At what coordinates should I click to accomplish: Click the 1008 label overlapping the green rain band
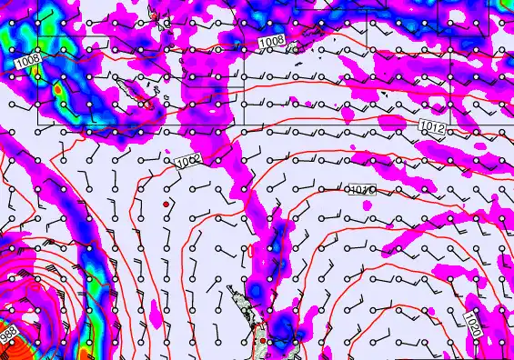click(x=28, y=60)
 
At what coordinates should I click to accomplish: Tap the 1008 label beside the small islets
click(x=271, y=42)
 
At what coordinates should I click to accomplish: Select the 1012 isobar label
click(x=433, y=129)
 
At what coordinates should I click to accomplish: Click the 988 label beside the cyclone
click(x=8, y=335)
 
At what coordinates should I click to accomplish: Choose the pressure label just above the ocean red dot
click(x=188, y=161)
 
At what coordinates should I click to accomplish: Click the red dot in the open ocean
click(x=166, y=205)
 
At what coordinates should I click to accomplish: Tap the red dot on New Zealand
click(x=263, y=341)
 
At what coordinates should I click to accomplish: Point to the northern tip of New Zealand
click(x=231, y=290)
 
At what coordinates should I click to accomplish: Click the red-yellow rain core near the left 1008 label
click(x=59, y=91)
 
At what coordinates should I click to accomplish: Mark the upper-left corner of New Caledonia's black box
click(x=37, y=36)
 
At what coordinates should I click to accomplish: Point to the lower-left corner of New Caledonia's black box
click(x=37, y=123)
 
